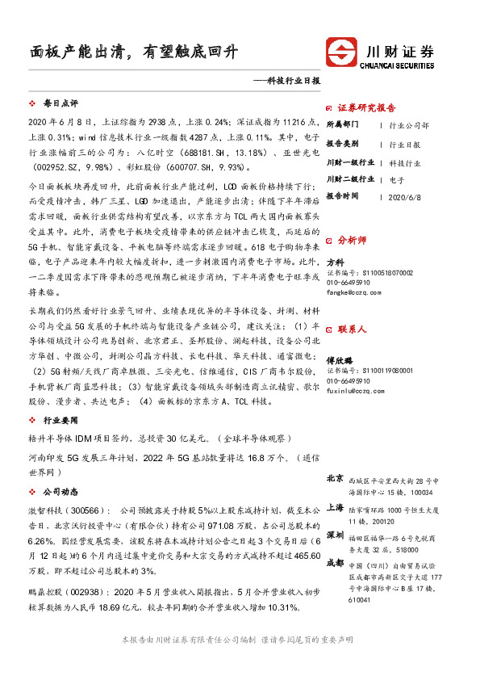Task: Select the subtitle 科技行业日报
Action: pos(289,82)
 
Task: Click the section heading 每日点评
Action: pos(60,104)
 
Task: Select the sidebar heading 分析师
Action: pos(352,239)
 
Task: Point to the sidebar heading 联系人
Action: pos(352,329)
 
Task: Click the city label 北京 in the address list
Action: pos(336,478)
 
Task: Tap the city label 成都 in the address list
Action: pos(336,564)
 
